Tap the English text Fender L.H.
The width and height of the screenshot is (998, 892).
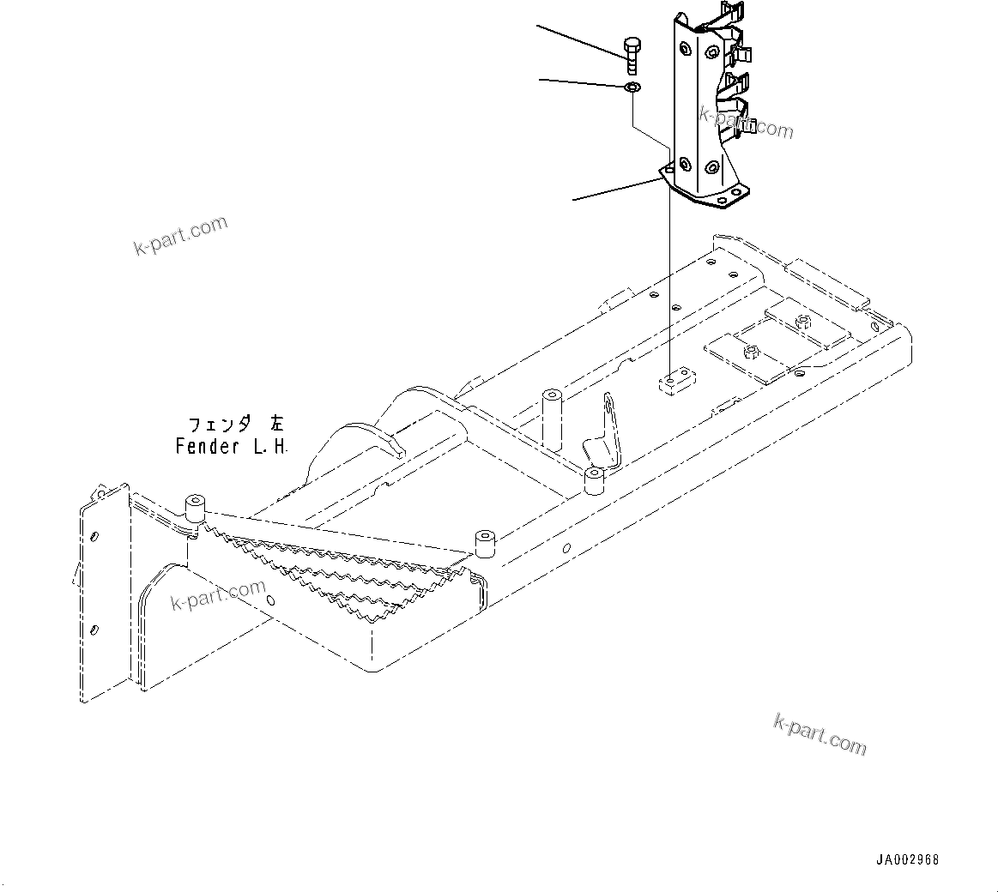point(233,447)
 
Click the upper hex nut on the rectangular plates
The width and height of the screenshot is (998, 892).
point(803,322)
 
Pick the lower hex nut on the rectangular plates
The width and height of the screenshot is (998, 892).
point(751,350)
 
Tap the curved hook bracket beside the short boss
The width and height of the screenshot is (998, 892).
point(606,433)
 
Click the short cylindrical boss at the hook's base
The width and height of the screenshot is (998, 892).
point(595,481)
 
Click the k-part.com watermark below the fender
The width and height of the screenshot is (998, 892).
point(820,734)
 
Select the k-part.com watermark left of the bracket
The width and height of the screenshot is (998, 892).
point(181,235)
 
